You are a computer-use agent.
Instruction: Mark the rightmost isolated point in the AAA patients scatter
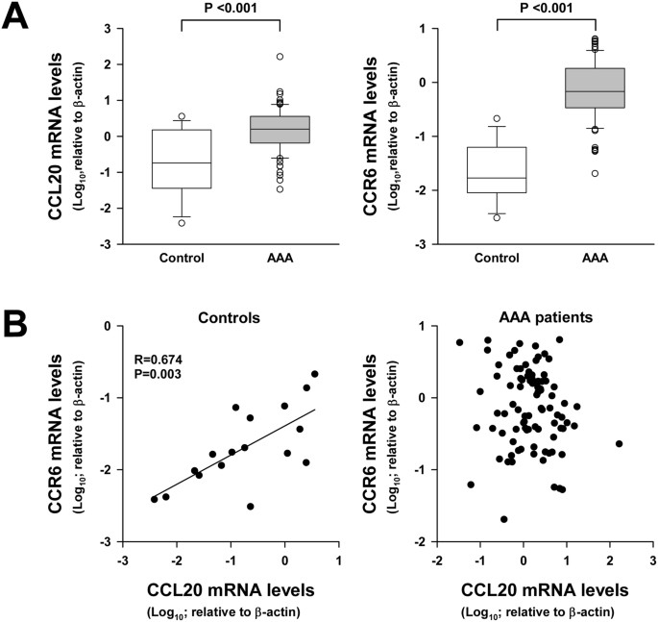coord(619,443)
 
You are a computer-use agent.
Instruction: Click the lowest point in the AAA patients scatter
coord(503,519)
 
